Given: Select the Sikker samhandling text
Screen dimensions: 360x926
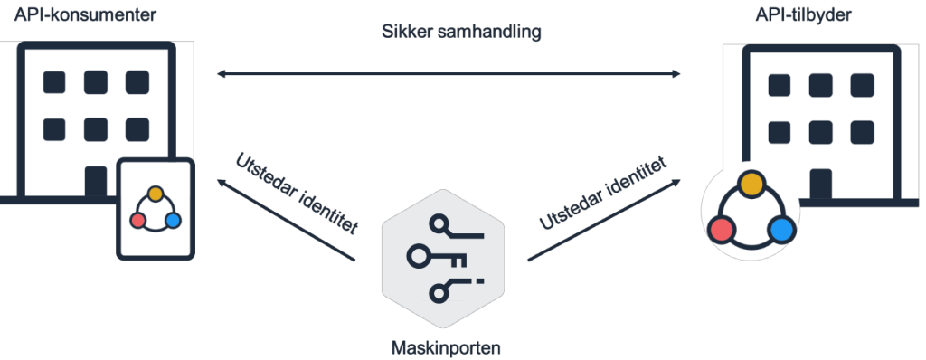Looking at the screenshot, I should click(461, 33).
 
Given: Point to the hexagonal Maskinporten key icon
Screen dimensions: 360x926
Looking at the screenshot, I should click(442, 257).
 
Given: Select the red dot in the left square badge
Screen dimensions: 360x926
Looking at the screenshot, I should click(138, 220).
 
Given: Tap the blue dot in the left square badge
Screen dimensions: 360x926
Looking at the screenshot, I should click(173, 220).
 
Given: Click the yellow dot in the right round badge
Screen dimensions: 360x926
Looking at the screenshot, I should click(751, 184).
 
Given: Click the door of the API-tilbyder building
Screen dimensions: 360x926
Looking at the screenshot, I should click(820, 184).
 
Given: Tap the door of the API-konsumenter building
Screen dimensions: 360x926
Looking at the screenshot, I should click(95, 179).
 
